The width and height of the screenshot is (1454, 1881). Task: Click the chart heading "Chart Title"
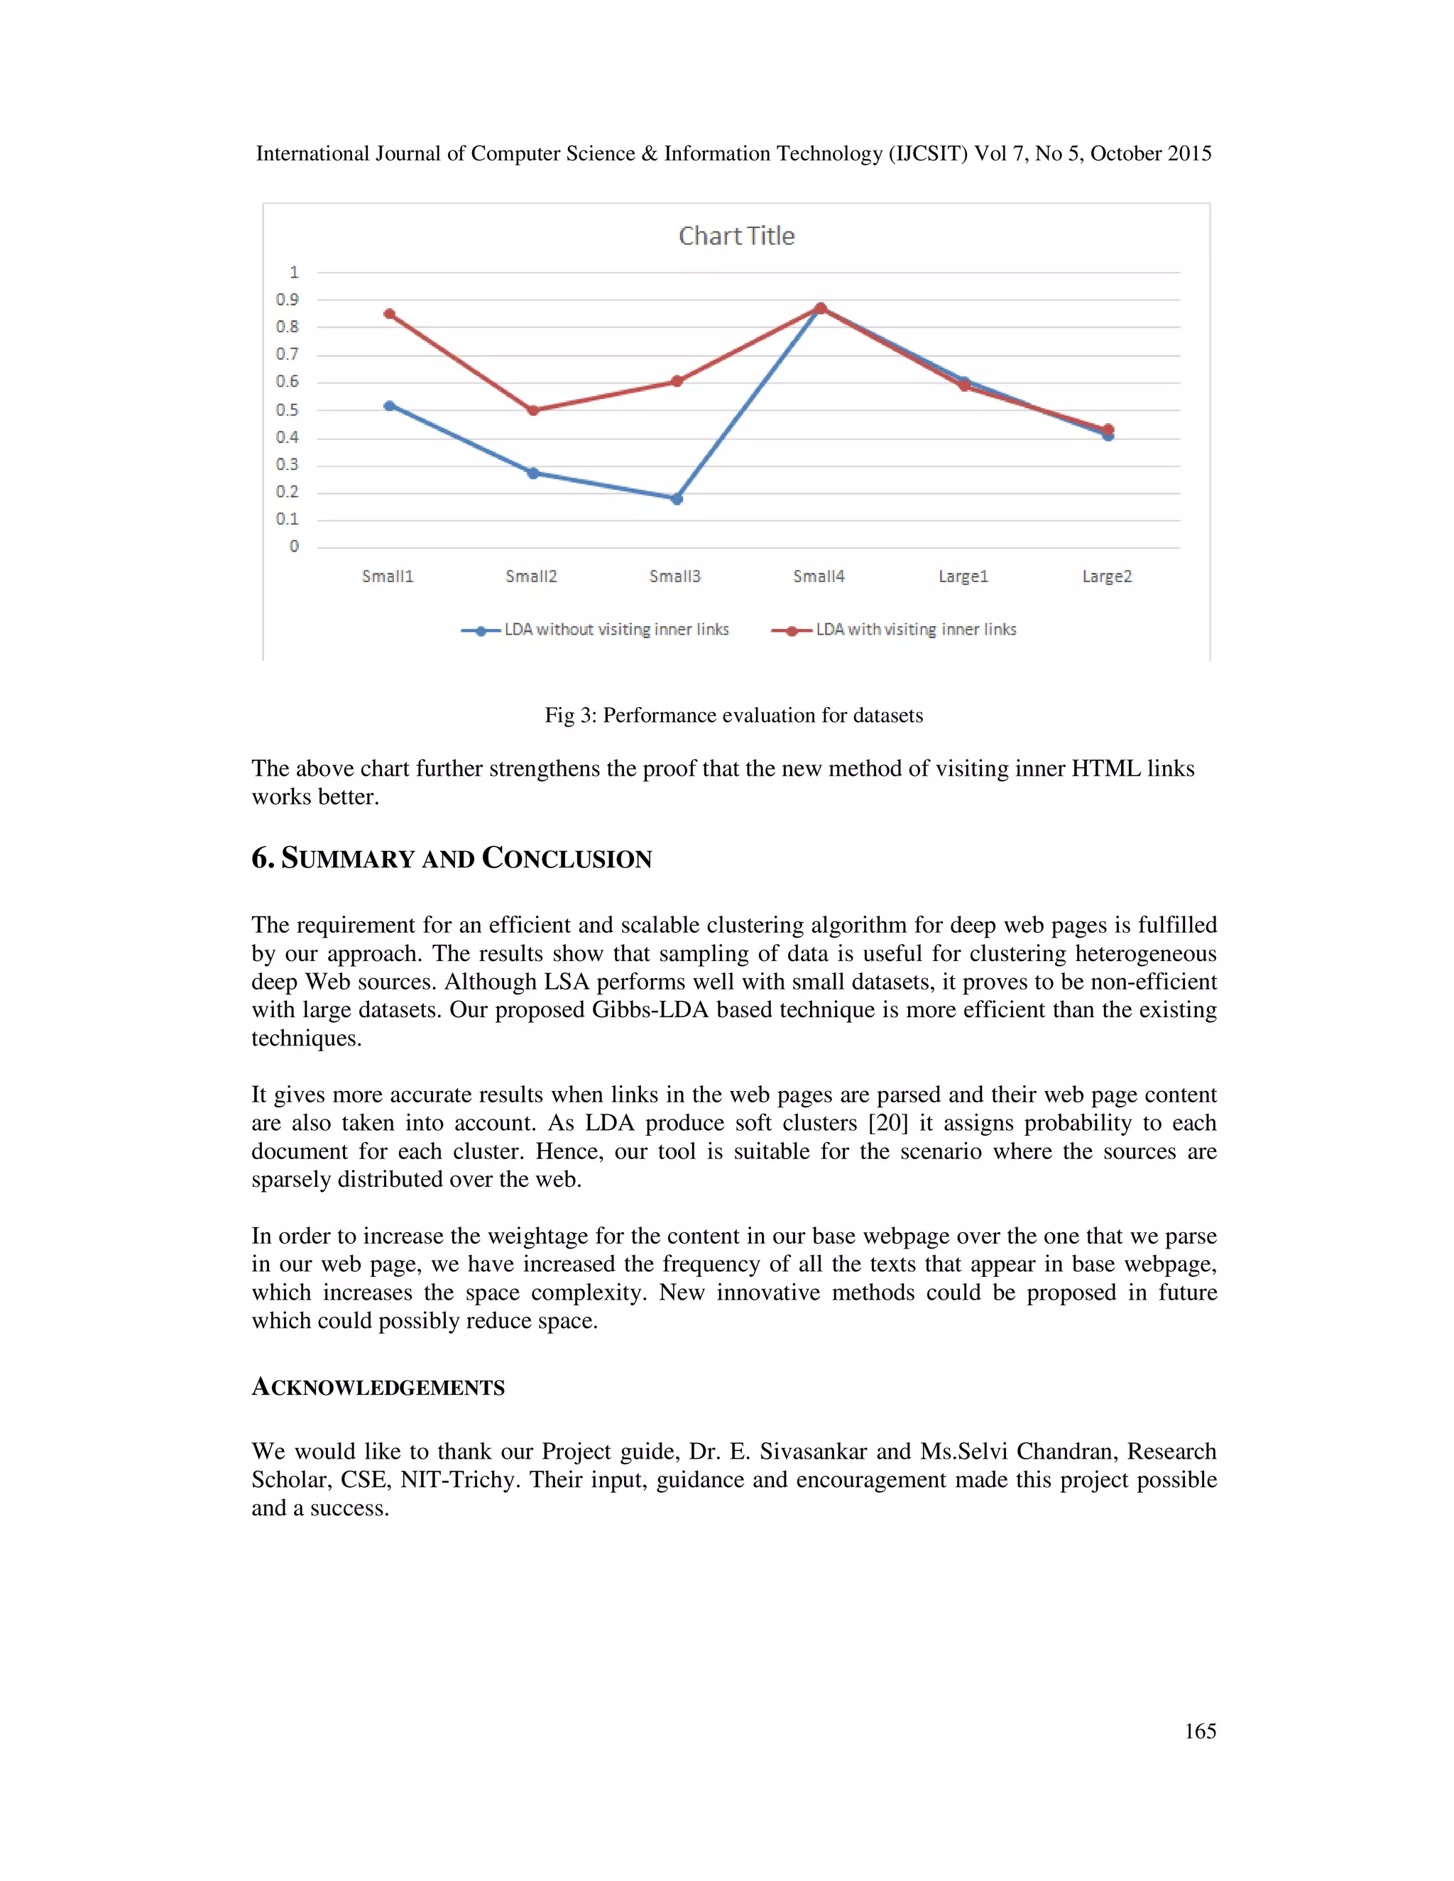click(x=736, y=236)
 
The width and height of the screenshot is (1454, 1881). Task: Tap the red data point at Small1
click(x=389, y=314)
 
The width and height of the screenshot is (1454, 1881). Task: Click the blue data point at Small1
click(x=389, y=405)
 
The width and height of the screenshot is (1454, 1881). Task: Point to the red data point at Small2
click(x=533, y=410)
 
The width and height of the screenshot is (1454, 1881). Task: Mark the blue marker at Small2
click(x=533, y=473)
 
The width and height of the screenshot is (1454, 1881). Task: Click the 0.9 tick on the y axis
click(x=287, y=300)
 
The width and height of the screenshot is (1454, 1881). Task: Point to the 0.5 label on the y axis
click(x=287, y=410)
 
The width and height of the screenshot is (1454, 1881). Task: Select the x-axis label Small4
click(x=819, y=576)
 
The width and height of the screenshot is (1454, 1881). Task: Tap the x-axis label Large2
click(x=1107, y=576)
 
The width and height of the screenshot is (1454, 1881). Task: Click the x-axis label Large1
click(x=963, y=576)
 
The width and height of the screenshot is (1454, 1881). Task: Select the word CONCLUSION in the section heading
click(x=567, y=859)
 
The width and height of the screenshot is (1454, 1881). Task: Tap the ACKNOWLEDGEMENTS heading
click(x=378, y=1388)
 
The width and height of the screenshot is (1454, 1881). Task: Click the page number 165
click(x=1200, y=1731)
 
